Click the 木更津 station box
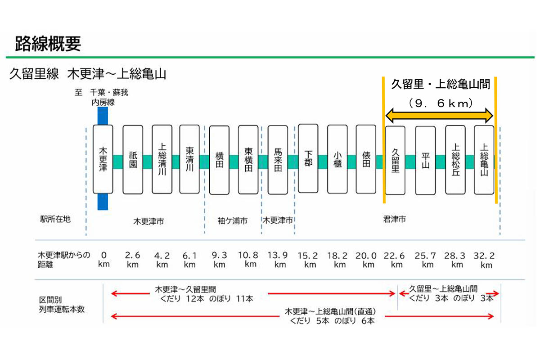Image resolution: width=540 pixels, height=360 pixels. point(103,159)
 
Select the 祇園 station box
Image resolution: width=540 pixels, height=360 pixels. point(133,159)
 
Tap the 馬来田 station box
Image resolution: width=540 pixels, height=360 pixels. point(278,159)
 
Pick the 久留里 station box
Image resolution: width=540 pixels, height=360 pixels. point(396,159)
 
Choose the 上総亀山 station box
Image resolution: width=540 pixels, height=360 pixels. point(484,159)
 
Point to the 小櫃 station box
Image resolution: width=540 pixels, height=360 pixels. point(337,159)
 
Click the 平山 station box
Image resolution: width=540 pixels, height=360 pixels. point(425,159)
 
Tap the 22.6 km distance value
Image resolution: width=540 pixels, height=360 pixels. point(396,260)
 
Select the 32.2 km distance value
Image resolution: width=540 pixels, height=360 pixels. point(485,260)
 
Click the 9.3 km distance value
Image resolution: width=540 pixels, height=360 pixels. point(219,260)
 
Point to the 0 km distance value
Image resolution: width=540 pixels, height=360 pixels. point(103,260)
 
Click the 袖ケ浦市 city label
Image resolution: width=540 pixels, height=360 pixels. point(232,221)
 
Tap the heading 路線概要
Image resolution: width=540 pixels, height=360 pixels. point(48,44)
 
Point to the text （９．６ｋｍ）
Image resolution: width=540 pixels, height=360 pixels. point(440,103)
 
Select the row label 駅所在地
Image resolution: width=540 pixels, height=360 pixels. point(55,220)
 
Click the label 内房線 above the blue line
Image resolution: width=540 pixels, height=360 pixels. point(103,103)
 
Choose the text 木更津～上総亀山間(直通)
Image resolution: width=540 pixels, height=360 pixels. point(330,311)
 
